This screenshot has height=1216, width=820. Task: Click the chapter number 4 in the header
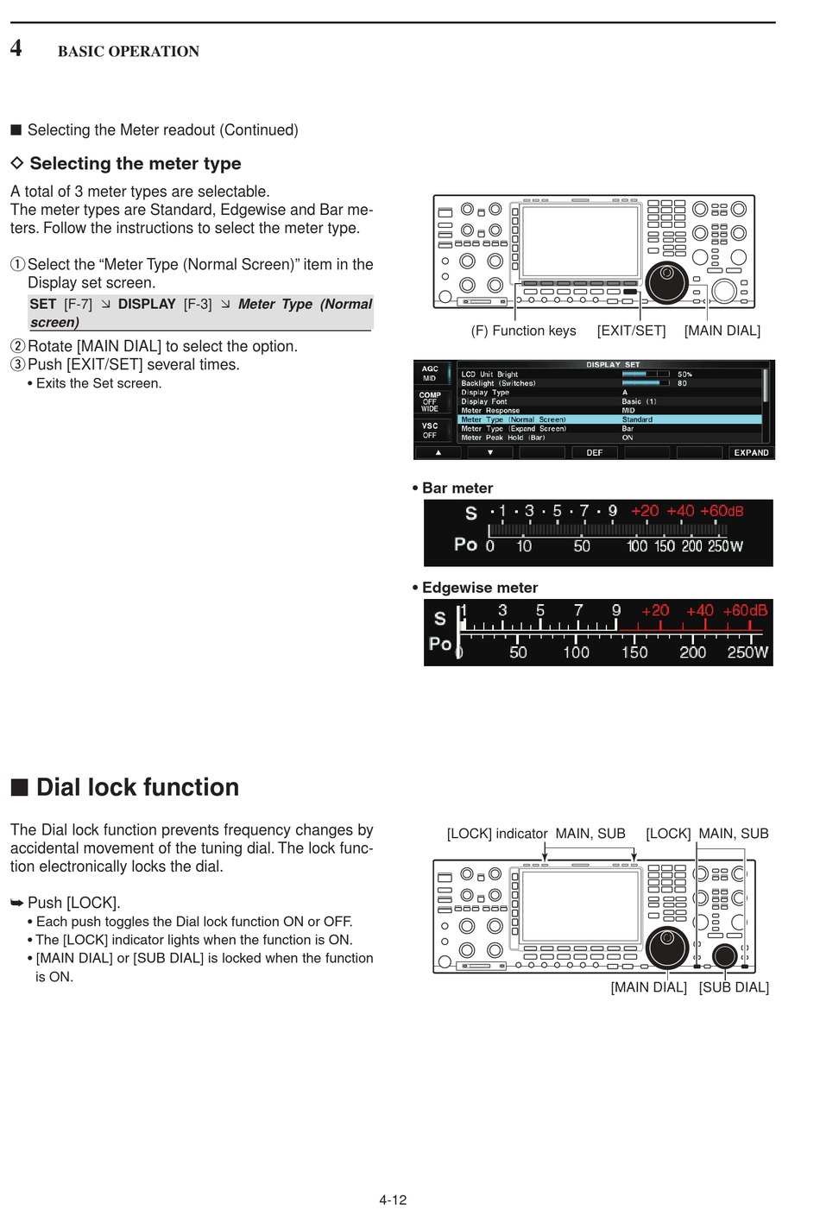pos(16,47)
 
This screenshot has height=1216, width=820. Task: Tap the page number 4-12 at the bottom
pos(393,1200)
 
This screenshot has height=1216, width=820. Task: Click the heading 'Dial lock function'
pos(137,787)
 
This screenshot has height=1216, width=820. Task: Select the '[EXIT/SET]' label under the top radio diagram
pos(631,331)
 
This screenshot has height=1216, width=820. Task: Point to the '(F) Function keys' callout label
pos(523,331)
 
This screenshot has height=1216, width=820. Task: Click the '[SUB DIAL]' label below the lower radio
pos(734,987)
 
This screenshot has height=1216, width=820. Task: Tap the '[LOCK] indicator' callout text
pos(497,834)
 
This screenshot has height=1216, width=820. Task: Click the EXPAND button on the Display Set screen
pos(751,452)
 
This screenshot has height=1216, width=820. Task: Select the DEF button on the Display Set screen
pos(595,452)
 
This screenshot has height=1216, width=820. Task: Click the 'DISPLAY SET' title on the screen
pos(613,365)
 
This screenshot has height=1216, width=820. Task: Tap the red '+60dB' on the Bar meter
pos(722,511)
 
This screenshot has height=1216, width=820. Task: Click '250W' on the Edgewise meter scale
pos(747,652)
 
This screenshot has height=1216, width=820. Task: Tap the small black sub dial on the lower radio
pos(724,955)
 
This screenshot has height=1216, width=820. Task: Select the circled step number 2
pos(17,346)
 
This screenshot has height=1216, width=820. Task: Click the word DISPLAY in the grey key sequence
pos(147,305)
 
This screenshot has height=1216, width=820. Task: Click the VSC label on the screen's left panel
pos(430,426)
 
